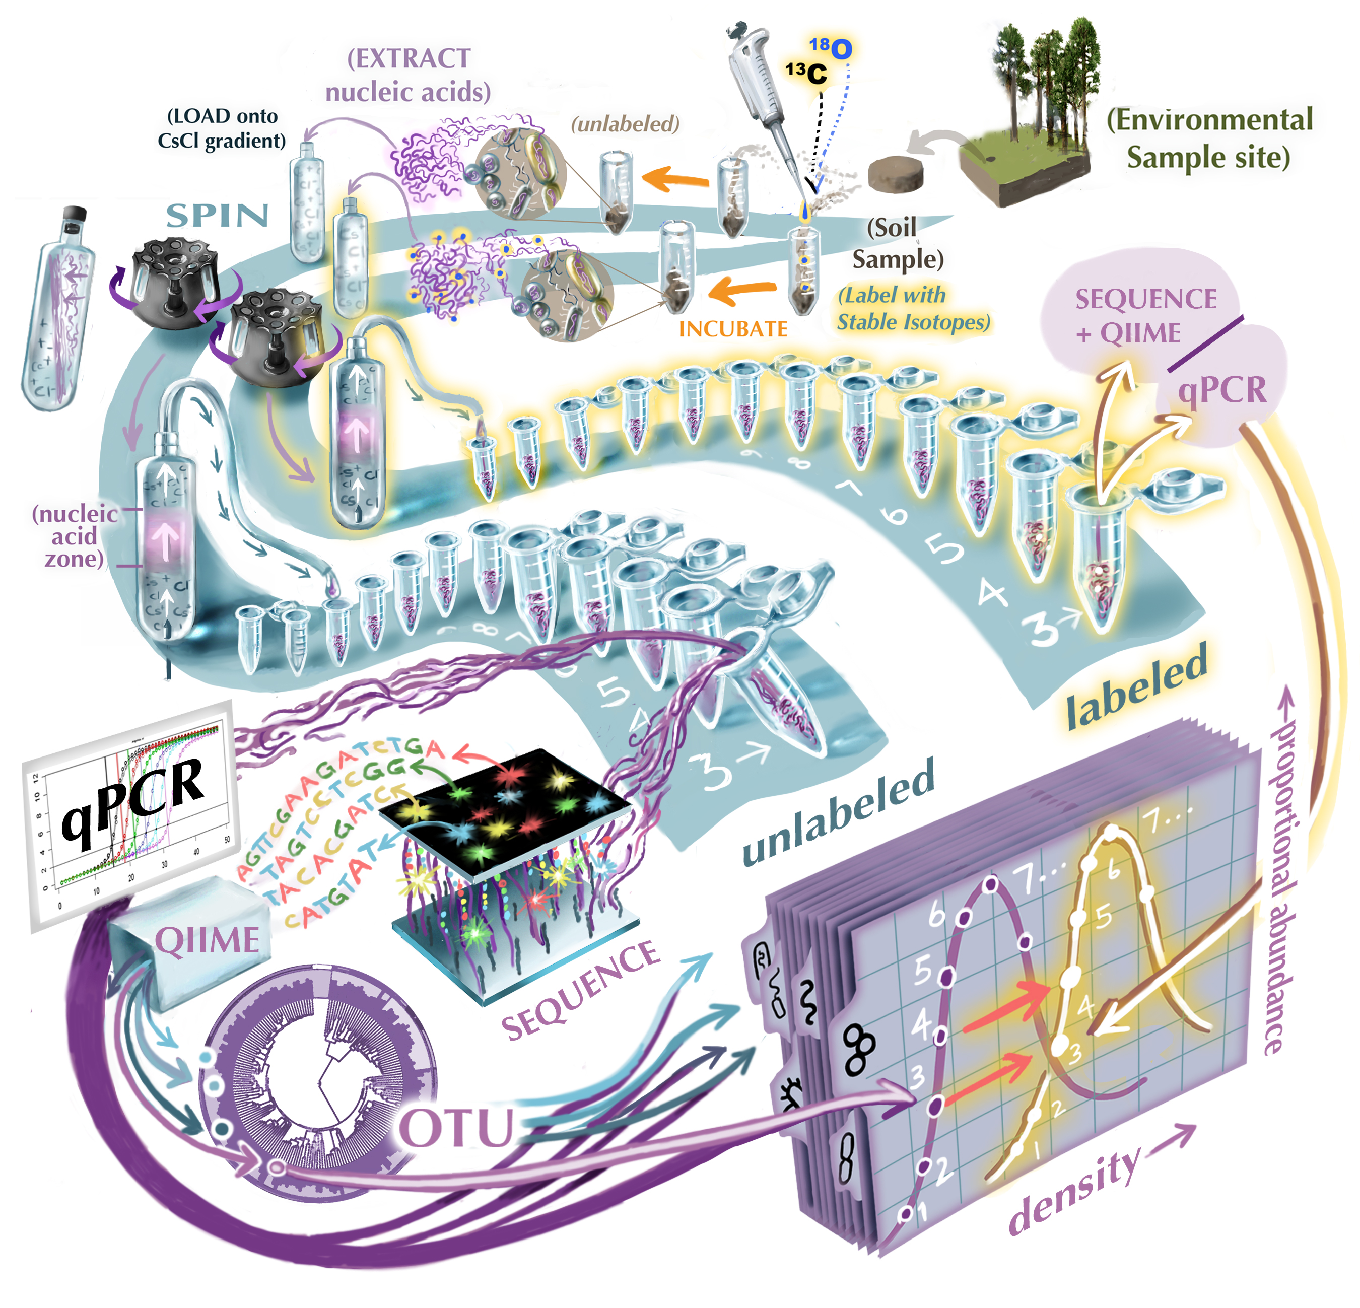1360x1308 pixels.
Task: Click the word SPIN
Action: click(217, 217)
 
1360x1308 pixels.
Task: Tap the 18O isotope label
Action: click(831, 48)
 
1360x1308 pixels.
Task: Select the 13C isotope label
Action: click(806, 72)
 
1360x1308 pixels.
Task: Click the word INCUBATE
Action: click(733, 329)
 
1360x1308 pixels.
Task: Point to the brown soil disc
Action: click(897, 174)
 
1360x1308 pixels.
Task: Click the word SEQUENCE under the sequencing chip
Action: click(581, 990)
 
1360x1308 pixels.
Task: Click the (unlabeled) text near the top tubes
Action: click(625, 124)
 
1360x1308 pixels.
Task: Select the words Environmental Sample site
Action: click(1209, 138)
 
